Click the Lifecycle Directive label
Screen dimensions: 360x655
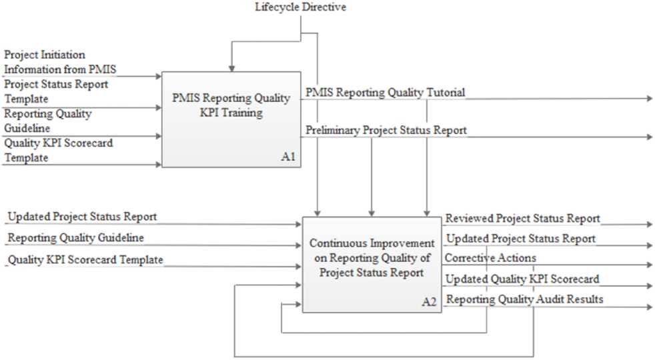pyautogui.click(x=300, y=7)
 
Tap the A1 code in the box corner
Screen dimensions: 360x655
pyautogui.click(x=287, y=158)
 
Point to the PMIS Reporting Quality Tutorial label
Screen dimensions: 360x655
pyautogui.click(x=385, y=92)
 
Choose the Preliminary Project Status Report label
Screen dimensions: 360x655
pyautogui.click(x=386, y=131)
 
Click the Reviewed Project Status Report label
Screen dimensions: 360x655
pyautogui.click(x=522, y=219)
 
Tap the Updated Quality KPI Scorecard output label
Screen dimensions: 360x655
pyautogui.click(x=522, y=279)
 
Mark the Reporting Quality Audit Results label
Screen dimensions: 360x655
pyautogui.click(x=524, y=299)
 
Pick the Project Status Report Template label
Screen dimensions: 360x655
pyautogui.click(x=56, y=91)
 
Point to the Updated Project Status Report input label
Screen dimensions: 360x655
pyautogui.click(x=82, y=217)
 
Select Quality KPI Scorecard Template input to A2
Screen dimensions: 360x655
pyautogui.click(x=85, y=259)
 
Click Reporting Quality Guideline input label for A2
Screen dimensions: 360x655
pyautogui.click(x=76, y=237)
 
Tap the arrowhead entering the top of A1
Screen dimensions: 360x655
pyautogui.click(x=231, y=67)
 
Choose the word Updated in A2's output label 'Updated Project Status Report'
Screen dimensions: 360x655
pyautogui.click(x=465, y=239)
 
